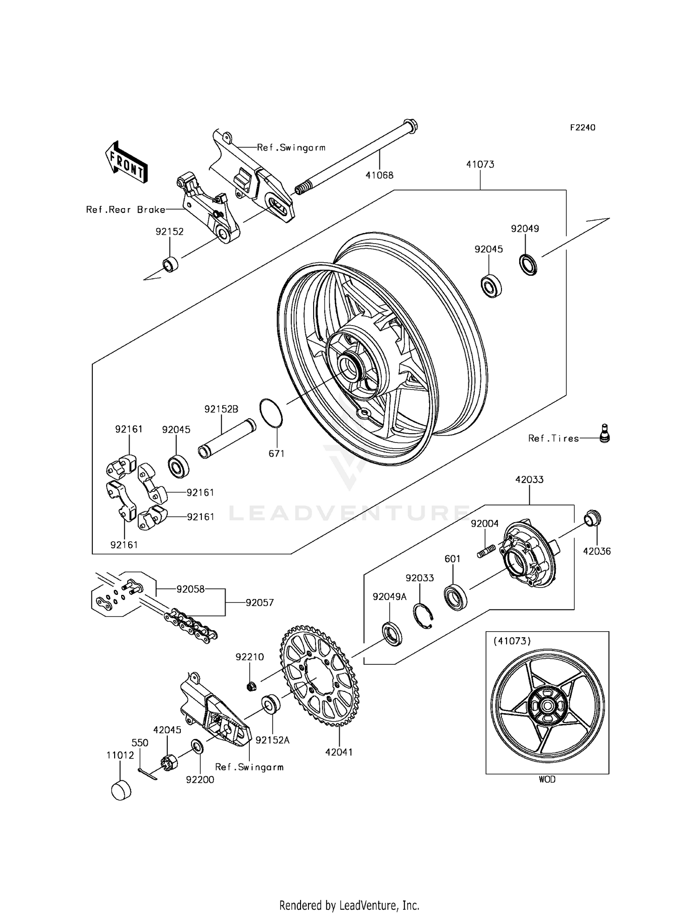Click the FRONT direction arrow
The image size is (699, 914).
[126, 163]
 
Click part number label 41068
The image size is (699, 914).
[379, 175]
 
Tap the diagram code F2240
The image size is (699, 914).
[582, 128]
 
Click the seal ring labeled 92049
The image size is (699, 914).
[528, 265]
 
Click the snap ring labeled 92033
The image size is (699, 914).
[424, 616]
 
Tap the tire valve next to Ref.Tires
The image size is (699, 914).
[604, 433]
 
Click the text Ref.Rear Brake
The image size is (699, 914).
[125, 210]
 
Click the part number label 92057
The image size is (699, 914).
[260, 602]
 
